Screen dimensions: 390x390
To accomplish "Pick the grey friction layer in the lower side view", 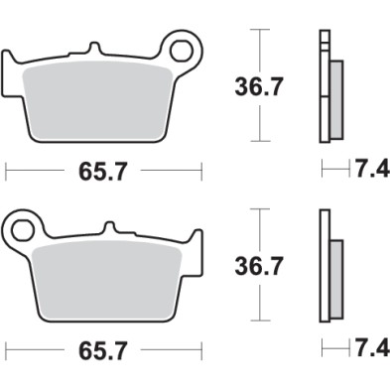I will (x=334, y=278).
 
